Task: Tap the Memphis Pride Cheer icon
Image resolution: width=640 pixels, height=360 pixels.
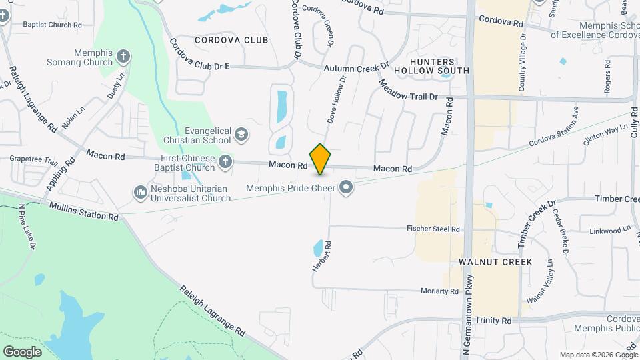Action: (x=346, y=187)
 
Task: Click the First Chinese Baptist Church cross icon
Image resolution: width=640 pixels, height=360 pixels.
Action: (x=226, y=162)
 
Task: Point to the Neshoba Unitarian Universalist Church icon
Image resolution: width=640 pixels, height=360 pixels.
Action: (x=141, y=193)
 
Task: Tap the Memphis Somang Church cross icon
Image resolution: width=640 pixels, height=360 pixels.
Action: (x=123, y=57)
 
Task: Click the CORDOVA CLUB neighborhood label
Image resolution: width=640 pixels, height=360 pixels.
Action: (x=231, y=41)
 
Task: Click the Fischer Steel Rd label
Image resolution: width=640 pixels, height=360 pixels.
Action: (x=433, y=229)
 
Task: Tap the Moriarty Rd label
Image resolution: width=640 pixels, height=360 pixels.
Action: (x=439, y=291)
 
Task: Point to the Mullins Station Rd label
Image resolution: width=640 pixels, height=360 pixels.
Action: (x=83, y=212)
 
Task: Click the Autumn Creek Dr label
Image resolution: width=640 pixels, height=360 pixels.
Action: (x=356, y=68)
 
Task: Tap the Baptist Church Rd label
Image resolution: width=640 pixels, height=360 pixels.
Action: (x=52, y=25)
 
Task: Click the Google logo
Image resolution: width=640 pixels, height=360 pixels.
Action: (x=23, y=351)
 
